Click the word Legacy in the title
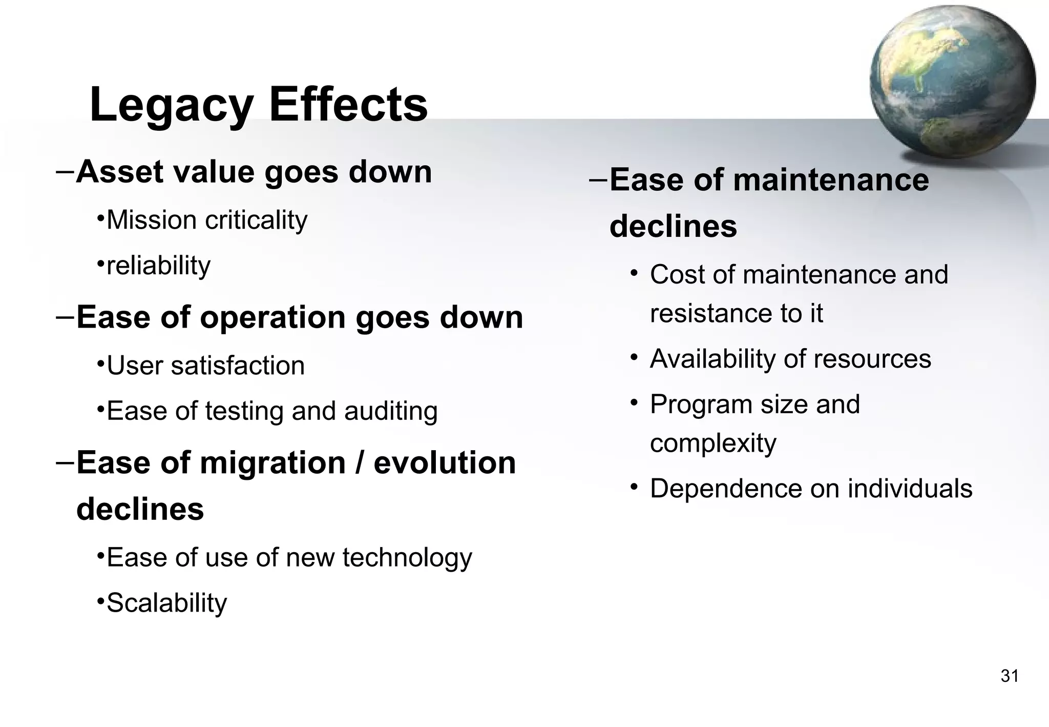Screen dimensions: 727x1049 pyautogui.click(x=171, y=105)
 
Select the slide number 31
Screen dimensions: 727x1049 pyautogui.click(x=1009, y=676)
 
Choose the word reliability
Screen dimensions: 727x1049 pyautogui.click(x=158, y=266)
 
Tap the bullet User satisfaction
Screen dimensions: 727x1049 pyautogui.click(x=205, y=366)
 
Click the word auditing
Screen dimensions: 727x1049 pyautogui.click(x=391, y=411)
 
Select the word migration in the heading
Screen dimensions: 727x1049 pyautogui.click(x=272, y=462)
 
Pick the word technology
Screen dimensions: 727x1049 pyautogui.click(x=407, y=558)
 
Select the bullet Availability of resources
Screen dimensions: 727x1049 pyautogui.click(x=790, y=359)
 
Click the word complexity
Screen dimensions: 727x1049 pyautogui.click(x=713, y=443)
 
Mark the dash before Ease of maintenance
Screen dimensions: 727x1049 pyautogui.click(x=598, y=180)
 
